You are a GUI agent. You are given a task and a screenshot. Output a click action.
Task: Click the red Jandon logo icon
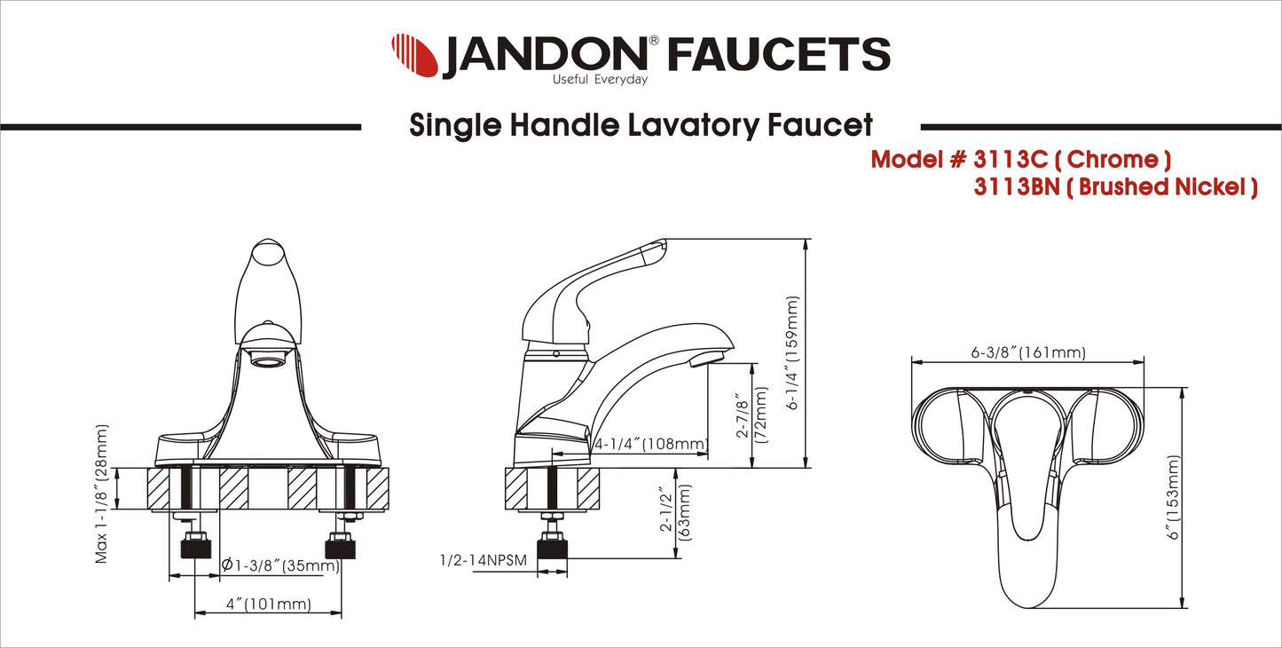tap(414, 55)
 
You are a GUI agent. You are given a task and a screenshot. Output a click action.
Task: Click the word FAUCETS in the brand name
tap(778, 55)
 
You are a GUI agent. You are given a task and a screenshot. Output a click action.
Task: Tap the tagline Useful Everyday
tap(600, 80)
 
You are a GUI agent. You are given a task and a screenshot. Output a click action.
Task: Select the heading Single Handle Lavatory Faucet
tap(641, 125)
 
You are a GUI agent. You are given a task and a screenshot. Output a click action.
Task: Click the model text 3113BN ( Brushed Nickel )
tap(1114, 188)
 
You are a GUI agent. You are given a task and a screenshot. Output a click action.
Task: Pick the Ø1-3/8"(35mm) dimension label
tap(280, 565)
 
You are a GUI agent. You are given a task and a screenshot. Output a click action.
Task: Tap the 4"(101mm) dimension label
tap(269, 605)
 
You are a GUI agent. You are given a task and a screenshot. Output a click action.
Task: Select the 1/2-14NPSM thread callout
tap(484, 561)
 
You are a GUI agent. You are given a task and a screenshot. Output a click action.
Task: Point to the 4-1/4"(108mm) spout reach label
tap(650, 444)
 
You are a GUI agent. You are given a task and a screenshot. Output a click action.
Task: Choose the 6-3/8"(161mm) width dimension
tap(1028, 352)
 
